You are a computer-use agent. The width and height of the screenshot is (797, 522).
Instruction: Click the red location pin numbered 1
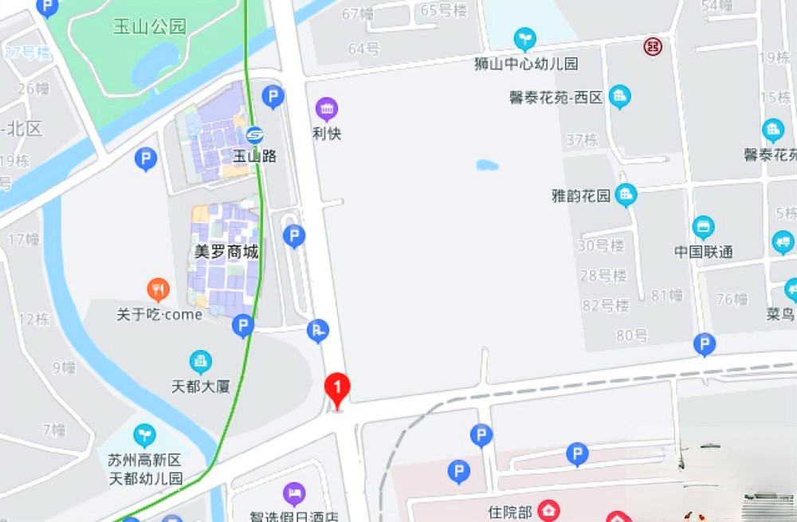tap(337, 389)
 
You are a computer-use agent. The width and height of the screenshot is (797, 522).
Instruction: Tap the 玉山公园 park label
tap(149, 26)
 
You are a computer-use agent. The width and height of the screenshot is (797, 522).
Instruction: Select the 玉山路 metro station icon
tap(254, 135)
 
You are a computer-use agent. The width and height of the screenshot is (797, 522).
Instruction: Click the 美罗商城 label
tap(227, 252)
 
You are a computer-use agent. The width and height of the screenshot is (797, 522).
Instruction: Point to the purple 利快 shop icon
tap(327, 108)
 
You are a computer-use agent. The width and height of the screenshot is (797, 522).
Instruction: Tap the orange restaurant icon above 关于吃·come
tap(159, 289)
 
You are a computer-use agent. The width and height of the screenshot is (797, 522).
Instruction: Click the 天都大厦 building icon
tap(201, 363)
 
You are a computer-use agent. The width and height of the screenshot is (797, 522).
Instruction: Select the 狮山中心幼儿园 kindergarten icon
tap(524, 39)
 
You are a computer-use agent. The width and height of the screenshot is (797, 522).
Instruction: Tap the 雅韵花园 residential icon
tap(626, 194)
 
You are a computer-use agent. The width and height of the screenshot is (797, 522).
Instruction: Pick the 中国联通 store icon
tap(703, 228)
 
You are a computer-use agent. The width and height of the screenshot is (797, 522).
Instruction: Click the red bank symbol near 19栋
tap(653, 47)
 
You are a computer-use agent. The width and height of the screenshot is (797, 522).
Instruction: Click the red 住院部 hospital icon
tap(548, 509)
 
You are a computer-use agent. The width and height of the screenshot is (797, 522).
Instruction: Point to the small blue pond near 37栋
tap(487, 166)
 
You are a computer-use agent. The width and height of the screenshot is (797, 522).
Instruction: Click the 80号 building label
tap(631, 336)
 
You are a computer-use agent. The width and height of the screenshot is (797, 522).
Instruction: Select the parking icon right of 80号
tap(704, 345)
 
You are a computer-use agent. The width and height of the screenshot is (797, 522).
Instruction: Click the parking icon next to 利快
tap(273, 97)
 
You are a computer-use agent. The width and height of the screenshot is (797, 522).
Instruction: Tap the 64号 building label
tap(363, 49)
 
